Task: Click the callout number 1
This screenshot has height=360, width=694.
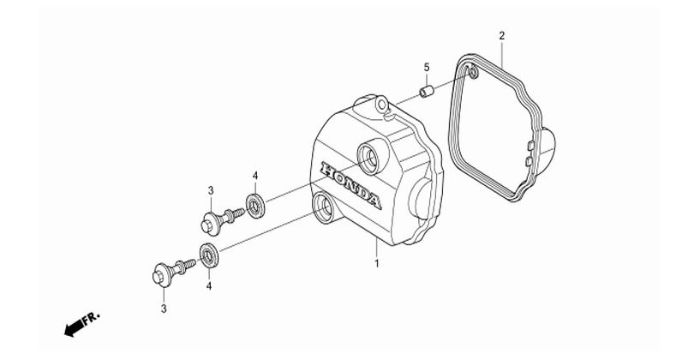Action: click(377, 263)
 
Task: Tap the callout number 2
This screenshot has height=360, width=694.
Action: click(501, 35)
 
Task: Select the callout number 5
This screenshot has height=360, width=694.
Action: click(427, 68)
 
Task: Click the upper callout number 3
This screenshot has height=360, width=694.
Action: click(211, 191)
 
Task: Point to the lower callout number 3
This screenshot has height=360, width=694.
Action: click(164, 309)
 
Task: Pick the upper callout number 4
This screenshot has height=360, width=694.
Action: click(255, 176)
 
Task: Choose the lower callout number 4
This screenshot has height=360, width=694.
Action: click(208, 286)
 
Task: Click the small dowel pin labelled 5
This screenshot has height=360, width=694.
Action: click(427, 92)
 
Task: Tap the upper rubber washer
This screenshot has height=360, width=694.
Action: click(255, 206)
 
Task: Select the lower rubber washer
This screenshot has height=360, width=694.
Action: click(209, 255)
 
